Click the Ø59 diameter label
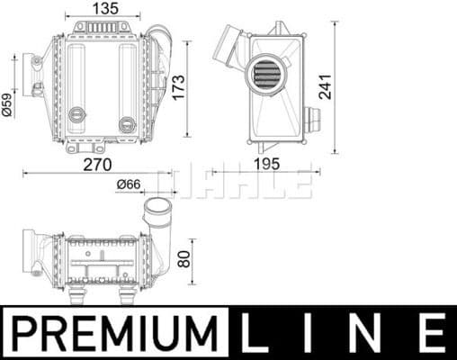click(8, 104)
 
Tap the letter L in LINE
click(258, 331)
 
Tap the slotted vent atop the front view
click(106, 28)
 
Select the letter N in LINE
click(368, 331)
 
